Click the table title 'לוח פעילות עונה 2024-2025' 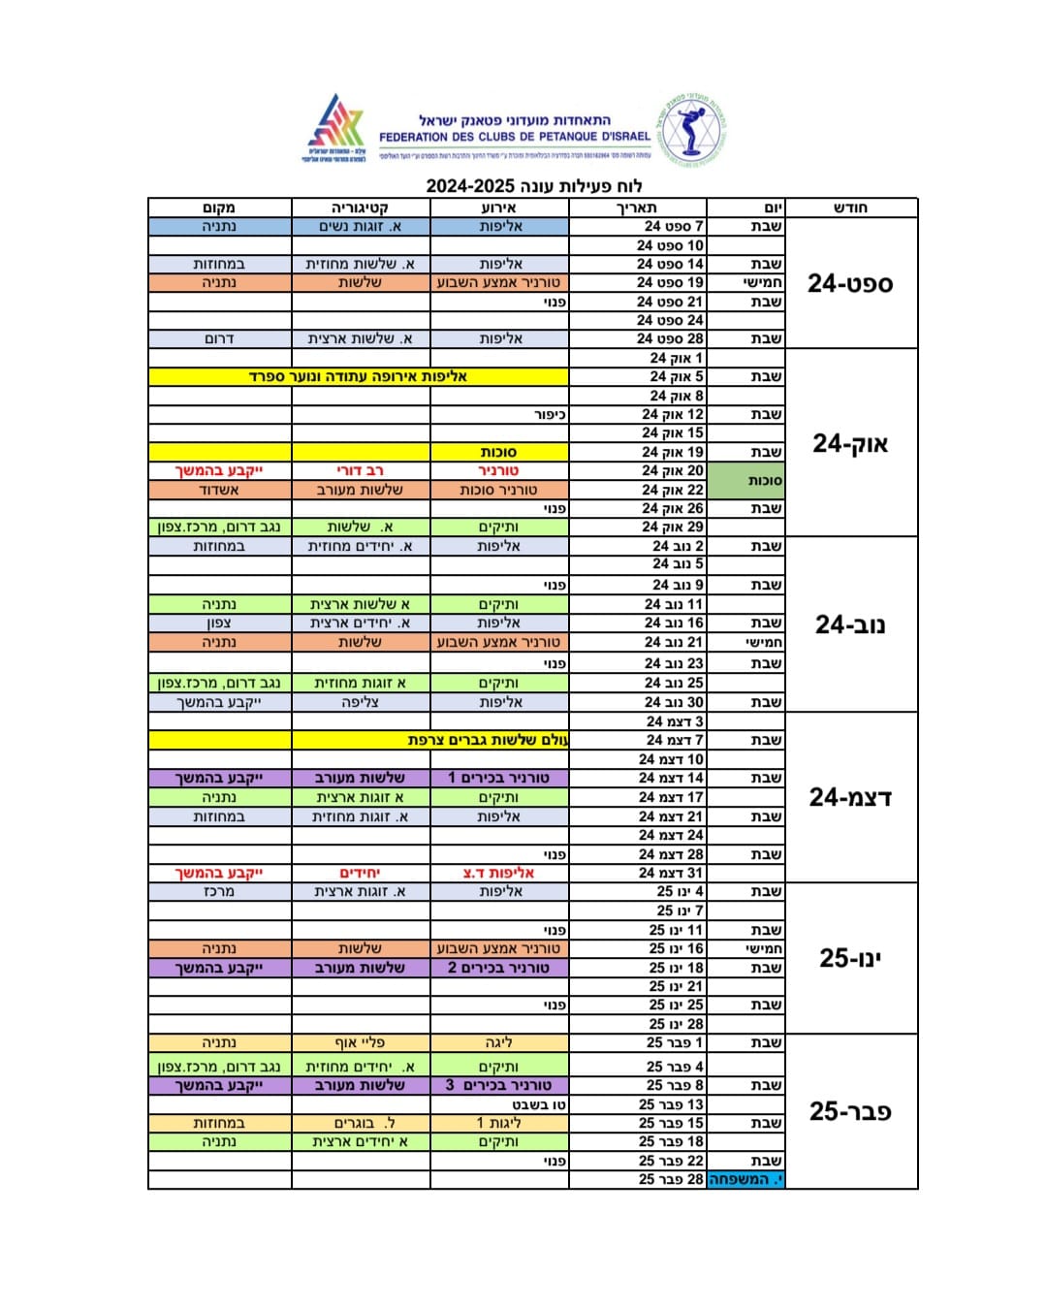(x=534, y=186)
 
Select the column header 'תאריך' (x=637, y=208)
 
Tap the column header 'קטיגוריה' (x=360, y=208)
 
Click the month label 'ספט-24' (x=850, y=283)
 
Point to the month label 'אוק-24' (x=850, y=443)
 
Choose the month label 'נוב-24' (x=850, y=624)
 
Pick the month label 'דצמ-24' (x=850, y=797)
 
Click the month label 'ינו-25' (x=850, y=958)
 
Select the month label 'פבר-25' (x=850, y=1111)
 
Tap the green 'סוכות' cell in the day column (x=746, y=480)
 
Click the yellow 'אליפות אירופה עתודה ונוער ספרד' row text (x=359, y=376)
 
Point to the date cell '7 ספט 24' (x=674, y=226)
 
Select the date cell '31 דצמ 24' (x=671, y=873)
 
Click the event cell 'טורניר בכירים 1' (x=498, y=778)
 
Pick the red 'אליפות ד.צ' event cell (x=498, y=873)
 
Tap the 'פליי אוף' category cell (x=360, y=1043)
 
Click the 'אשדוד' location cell (x=219, y=490)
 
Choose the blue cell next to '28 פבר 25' (x=746, y=1179)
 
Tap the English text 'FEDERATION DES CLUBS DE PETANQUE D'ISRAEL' (x=514, y=137)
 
